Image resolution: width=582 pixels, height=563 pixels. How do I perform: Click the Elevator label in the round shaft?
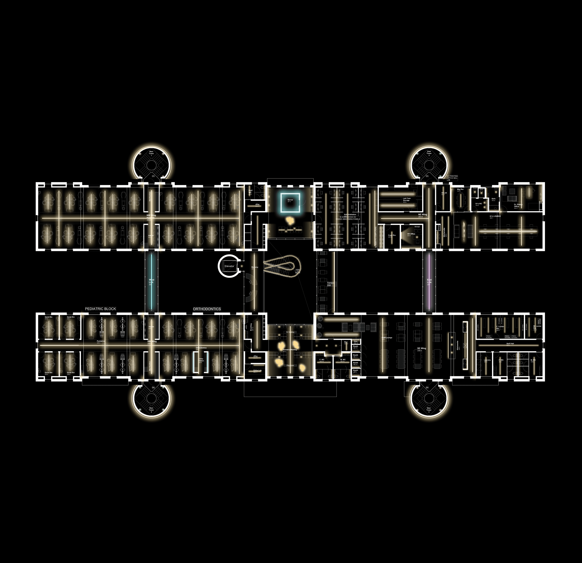pyautogui.click(x=229, y=266)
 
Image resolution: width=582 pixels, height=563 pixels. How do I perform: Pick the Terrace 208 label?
pyautogui.click(x=330, y=284)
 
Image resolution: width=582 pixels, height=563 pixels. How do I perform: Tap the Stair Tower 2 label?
pyautogui.click(x=429, y=153)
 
